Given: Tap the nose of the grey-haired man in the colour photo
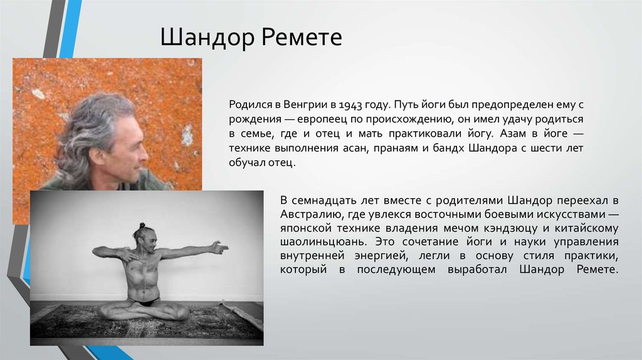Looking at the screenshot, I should [x=144, y=155].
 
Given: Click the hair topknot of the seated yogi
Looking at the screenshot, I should [x=142, y=226].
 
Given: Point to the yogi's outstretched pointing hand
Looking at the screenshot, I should [x=218, y=248].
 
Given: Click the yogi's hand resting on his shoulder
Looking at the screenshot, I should [x=129, y=255].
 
